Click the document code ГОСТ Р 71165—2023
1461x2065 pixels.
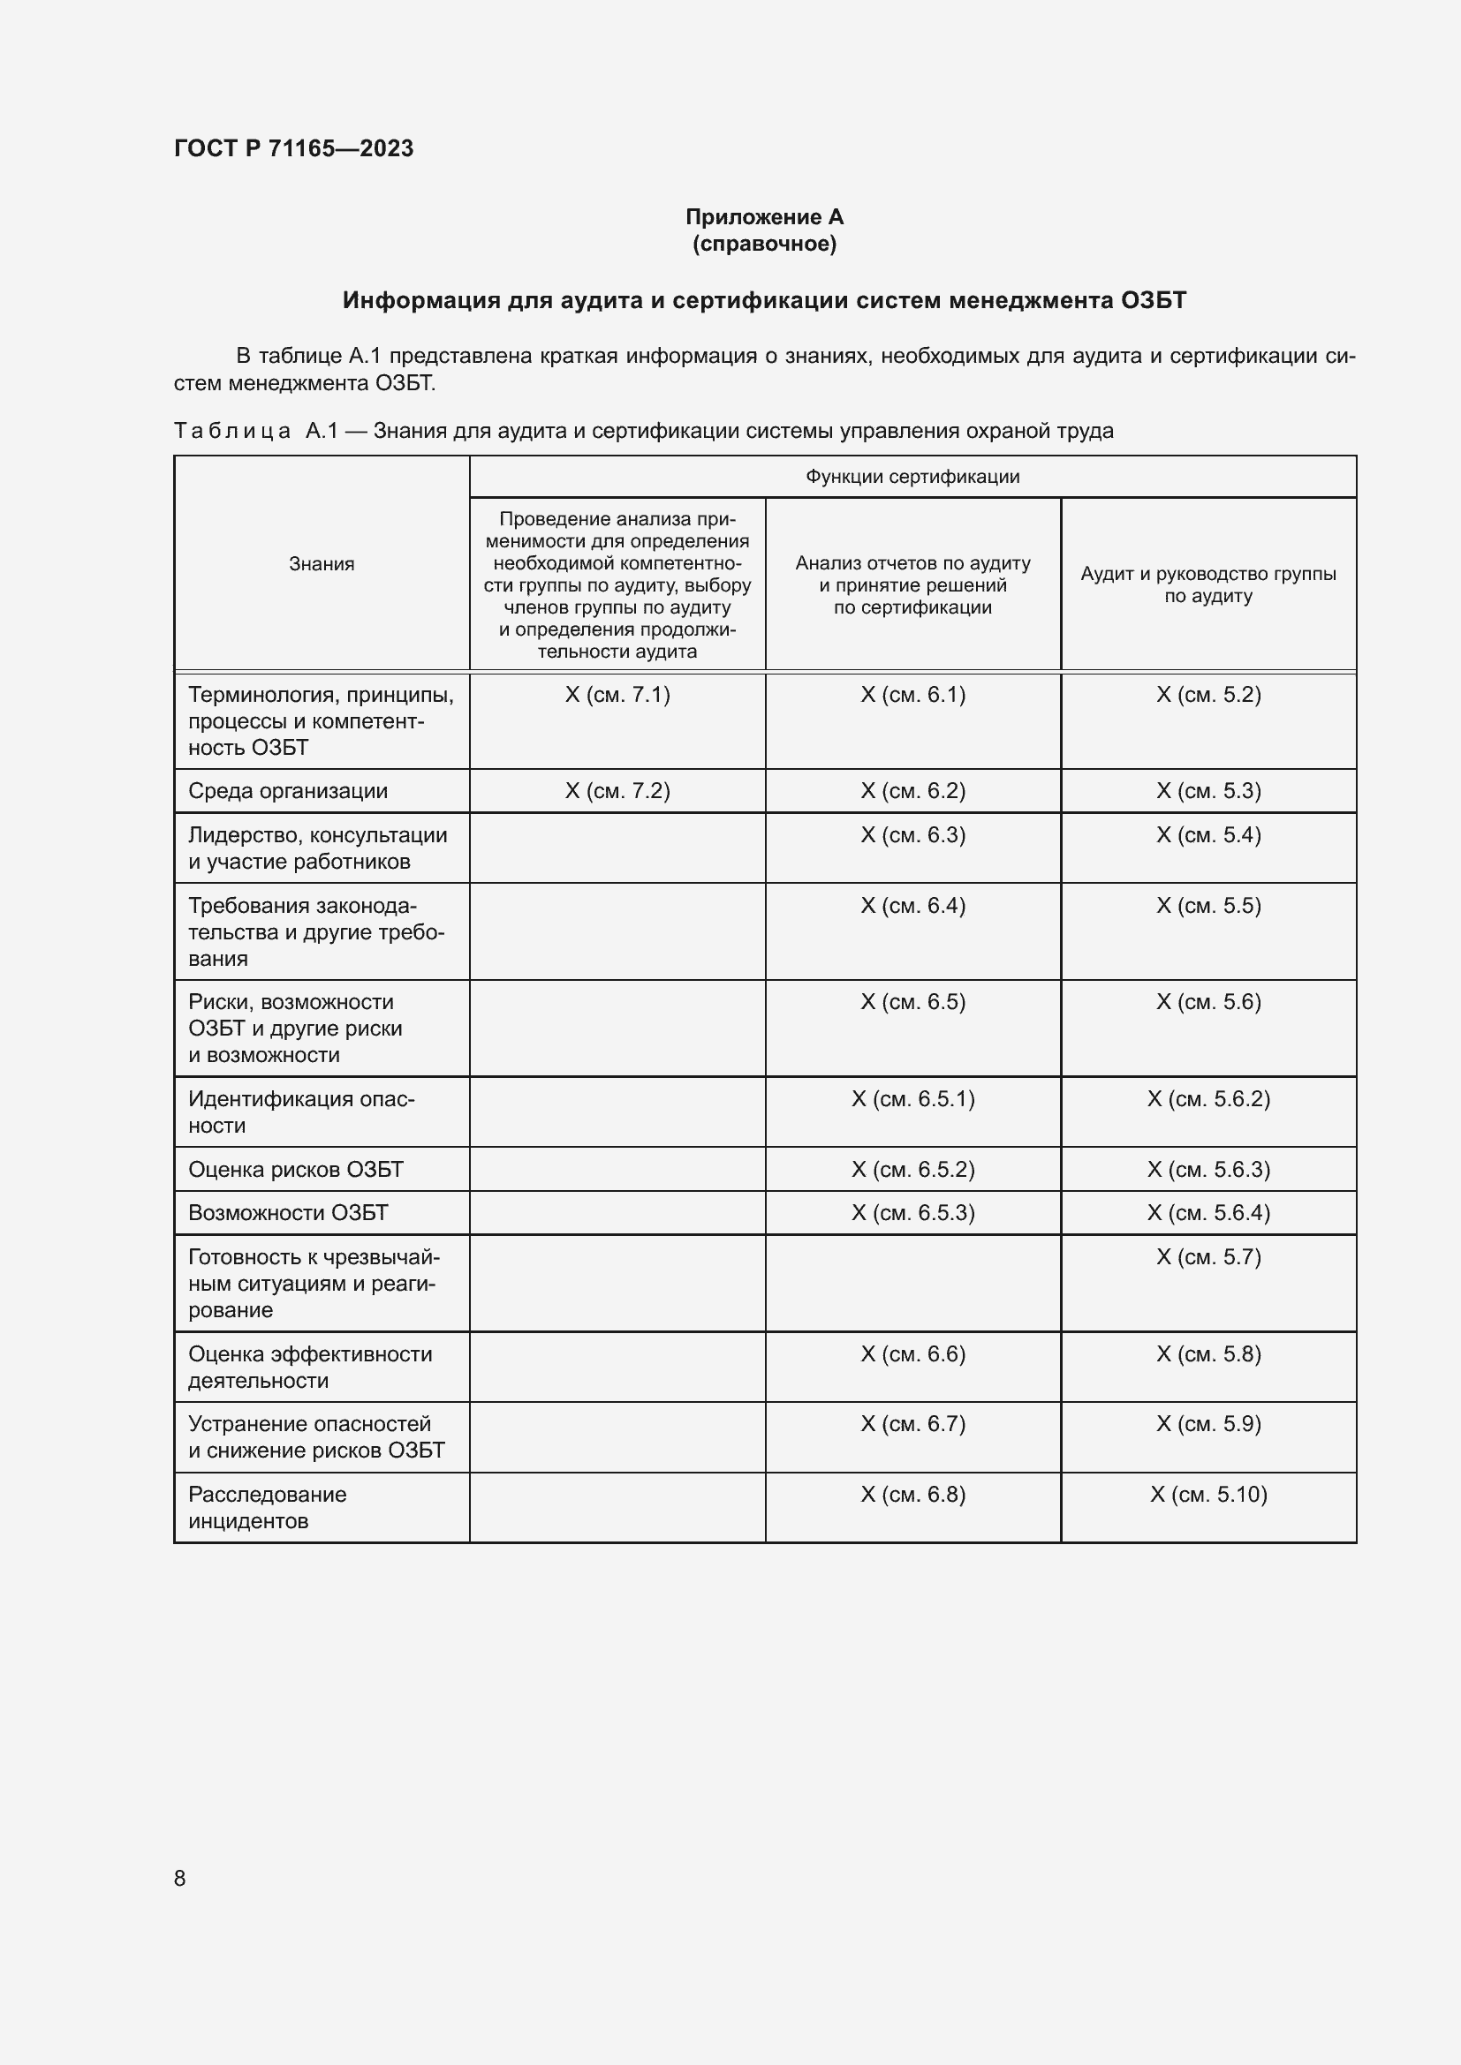tap(293, 148)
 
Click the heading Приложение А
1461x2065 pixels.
tap(764, 217)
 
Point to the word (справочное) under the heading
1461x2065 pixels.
tap(764, 244)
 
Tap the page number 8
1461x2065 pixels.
tap(180, 1878)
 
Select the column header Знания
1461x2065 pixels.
tap(322, 564)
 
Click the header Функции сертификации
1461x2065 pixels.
tap(912, 477)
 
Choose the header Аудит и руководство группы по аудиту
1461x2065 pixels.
tap(1207, 584)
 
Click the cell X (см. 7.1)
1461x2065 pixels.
tap(617, 694)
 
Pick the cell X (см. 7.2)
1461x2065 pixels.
tap(617, 790)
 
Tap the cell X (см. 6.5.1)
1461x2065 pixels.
tap(912, 1098)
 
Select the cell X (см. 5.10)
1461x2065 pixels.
tap(1207, 1494)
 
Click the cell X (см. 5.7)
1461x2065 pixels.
tap(1207, 1256)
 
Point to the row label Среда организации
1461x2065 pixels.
tap(288, 790)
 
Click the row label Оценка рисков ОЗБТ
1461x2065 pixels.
tap(296, 1169)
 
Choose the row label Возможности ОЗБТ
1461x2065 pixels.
tap(288, 1212)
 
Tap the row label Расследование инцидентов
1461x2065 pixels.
tap(267, 1507)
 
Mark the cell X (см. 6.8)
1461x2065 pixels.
tap(912, 1494)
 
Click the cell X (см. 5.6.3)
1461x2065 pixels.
tap(1207, 1169)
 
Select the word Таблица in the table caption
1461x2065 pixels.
tap(232, 431)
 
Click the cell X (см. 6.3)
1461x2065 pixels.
tap(912, 834)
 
